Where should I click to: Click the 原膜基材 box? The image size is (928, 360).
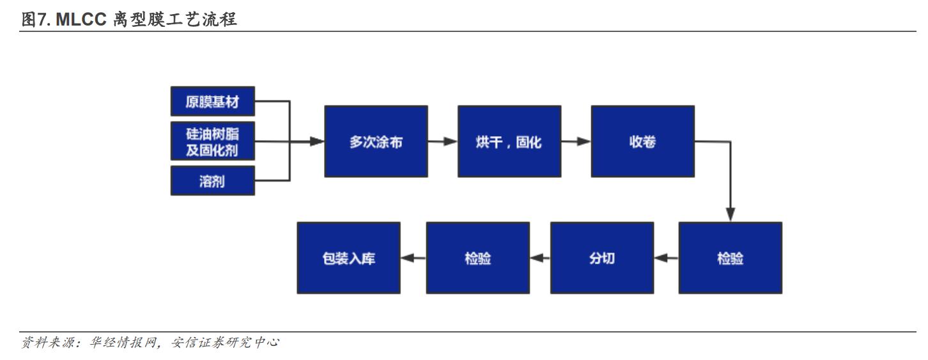click(x=212, y=101)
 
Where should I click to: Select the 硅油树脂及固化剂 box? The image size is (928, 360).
click(x=212, y=141)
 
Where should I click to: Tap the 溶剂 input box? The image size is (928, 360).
click(x=212, y=180)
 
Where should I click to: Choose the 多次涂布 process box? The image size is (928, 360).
click(x=376, y=141)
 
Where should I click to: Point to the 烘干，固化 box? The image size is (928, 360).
click(x=509, y=141)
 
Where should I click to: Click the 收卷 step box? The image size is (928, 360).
click(x=642, y=141)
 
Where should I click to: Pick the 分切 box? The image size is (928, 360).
click(x=602, y=258)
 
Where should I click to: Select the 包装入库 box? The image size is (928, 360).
click(x=349, y=258)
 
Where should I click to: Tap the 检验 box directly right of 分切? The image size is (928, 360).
click(x=731, y=258)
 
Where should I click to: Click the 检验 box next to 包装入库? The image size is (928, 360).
click(x=478, y=258)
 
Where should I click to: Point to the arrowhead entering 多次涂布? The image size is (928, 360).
click(x=317, y=141)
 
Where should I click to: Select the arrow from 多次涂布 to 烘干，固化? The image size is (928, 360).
click(x=442, y=141)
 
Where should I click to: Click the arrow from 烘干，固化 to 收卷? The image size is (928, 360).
click(x=576, y=141)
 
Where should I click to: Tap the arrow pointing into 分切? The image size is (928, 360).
click(x=665, y=258)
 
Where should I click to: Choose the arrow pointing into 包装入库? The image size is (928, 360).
click(x=413, y=258)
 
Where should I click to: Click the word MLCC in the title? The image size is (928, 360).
click(x=79, y=20)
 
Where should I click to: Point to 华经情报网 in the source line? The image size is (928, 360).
click(x=130, y=343)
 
